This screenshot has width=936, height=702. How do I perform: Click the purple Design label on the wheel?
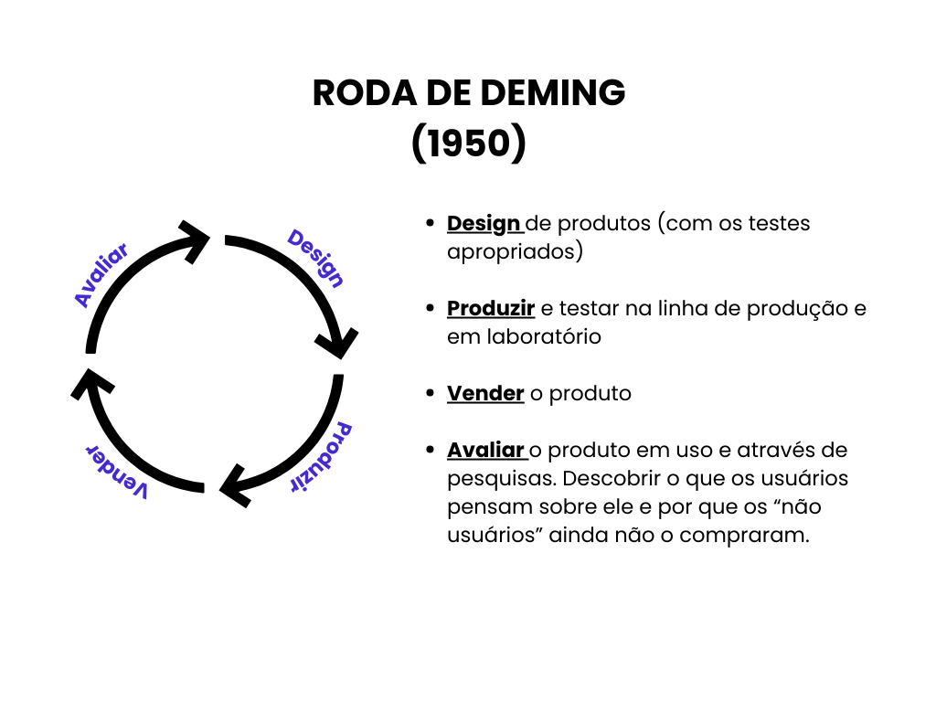pos(315,259)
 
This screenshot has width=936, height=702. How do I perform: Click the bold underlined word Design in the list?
pos(484,223)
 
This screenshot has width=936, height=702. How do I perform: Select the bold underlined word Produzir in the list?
pos(491,308)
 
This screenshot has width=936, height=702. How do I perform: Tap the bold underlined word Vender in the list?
pos(485,393)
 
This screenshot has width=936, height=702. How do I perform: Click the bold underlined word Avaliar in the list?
pos(485,450)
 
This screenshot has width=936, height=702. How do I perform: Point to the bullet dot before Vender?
pos(430,394)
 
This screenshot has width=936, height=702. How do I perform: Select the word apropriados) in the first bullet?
pos(515,251)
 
